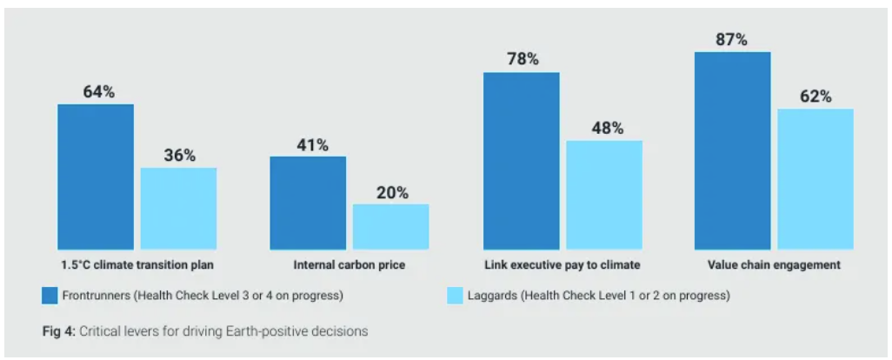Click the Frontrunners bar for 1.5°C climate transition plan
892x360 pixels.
pyautogui.click(x=96, y=177)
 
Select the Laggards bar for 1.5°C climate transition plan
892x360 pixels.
pyautogui.click(x=178, y=209)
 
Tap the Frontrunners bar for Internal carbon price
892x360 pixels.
pyautogui.click(x=308, y=203)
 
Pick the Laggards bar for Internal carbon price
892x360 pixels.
pyautogui.click(x=390, y=227)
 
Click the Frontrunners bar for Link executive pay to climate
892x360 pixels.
pyautogui.click(x=521, y=161)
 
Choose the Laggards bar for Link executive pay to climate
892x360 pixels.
pyautogui.click(x=604, y=195)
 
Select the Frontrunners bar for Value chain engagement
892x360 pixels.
pyautogui.click(x=732, y=150)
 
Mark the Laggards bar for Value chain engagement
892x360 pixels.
pyautogui.click(x=815, y=179)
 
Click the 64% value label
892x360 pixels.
pyautogui.click(x=98, y=91)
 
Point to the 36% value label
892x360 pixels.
pyautogui.click(x=179, y=156)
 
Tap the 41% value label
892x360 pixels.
pyautogui.click(x=311, y=145)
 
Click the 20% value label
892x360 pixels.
pyautogui.click(x=392, y=192)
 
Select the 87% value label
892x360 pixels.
pyautogui.click(x=731, y=39)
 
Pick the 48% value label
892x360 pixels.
pyautogui.click(x=607, y=128)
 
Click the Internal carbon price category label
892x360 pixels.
pyautogui.click(x=349, y=264)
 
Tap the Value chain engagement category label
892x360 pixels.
pyautogui.click(x=774, y=264)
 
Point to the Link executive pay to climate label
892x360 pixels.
pyautogui.click(x=562, y=264)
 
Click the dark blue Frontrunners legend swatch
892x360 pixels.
pyautogui.click(x=50, y=296)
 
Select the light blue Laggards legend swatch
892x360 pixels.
pyautogui.click(x=454, y=296)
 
